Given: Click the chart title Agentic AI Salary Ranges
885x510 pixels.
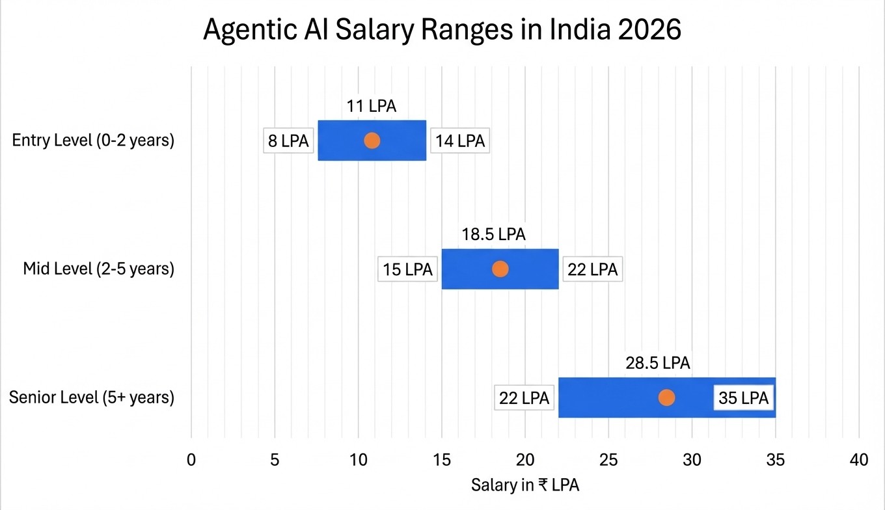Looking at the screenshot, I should [442, 31].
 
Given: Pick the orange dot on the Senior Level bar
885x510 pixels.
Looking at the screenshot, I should [666, 397].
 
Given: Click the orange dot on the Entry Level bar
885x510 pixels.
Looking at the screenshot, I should [372, 141].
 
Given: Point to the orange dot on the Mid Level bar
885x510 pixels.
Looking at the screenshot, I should [500, 269].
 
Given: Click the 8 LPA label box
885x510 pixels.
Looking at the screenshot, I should [286, 141].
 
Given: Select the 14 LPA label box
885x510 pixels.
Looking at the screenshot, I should [460, 141].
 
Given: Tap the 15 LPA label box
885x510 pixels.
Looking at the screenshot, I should [407, 269].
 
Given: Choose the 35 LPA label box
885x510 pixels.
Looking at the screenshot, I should [744, 397].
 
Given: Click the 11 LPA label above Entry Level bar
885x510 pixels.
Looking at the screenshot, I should [371, 106].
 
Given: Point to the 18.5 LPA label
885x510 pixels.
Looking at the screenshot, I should [493, 234].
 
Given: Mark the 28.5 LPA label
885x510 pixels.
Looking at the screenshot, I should [658, 363].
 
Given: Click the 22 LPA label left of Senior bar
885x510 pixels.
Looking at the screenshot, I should [524, 397].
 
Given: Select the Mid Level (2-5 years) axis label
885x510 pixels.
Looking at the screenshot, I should [99, 269].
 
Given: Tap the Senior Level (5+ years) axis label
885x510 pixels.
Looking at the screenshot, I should [92, 397].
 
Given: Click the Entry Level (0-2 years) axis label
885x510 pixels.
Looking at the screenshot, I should [93, 141].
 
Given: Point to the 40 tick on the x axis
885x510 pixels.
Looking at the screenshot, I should [859, 459].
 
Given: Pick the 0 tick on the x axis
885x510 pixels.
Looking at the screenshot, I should [191, 459].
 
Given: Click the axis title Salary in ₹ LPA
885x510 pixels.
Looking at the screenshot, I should [524, 485].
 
